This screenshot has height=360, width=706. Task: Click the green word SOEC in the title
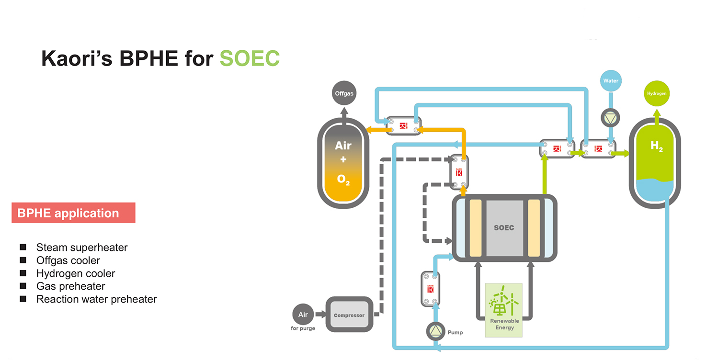click(250, 58)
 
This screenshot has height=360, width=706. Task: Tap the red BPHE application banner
click(73, 213)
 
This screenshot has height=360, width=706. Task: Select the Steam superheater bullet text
click(82, 247)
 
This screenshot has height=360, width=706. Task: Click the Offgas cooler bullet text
click(68, 260)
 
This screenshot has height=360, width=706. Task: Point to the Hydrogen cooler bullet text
click(76, 273)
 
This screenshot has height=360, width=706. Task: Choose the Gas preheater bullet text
click(70, 286)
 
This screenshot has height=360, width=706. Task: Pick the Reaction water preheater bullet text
click(96, 299)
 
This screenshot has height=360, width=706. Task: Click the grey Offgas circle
click(344, 93)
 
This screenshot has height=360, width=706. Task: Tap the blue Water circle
click(611, 81)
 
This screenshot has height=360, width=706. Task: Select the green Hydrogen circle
click(656, 93)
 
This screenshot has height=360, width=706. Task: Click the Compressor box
click(349, 315)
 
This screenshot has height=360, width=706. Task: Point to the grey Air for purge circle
click(303, 315)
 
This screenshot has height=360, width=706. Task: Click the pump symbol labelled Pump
click(435, 331)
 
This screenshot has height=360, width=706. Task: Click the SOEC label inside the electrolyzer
click(504, 227)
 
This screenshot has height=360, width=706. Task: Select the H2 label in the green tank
click(656, 146)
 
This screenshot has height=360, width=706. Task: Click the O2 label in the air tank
click(343, 180)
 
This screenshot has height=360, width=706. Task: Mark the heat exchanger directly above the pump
click(431, 289)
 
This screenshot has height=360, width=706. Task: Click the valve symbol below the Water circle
click(611, 117)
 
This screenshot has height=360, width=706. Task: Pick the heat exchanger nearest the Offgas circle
click(403, 126)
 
